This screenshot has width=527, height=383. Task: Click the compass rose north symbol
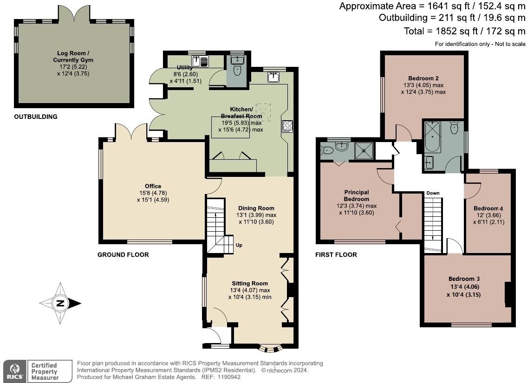point(60,304)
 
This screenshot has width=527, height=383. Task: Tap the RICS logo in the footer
point(14,371)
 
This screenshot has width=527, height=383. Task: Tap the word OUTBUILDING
point(36,117)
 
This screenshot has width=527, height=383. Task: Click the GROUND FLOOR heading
point(123,255)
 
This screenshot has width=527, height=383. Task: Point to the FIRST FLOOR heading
point(336,255)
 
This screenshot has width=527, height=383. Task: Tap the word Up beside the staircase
point(239,245)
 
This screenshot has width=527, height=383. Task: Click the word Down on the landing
point(433,193)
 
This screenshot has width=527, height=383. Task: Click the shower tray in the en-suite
point(364,150)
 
